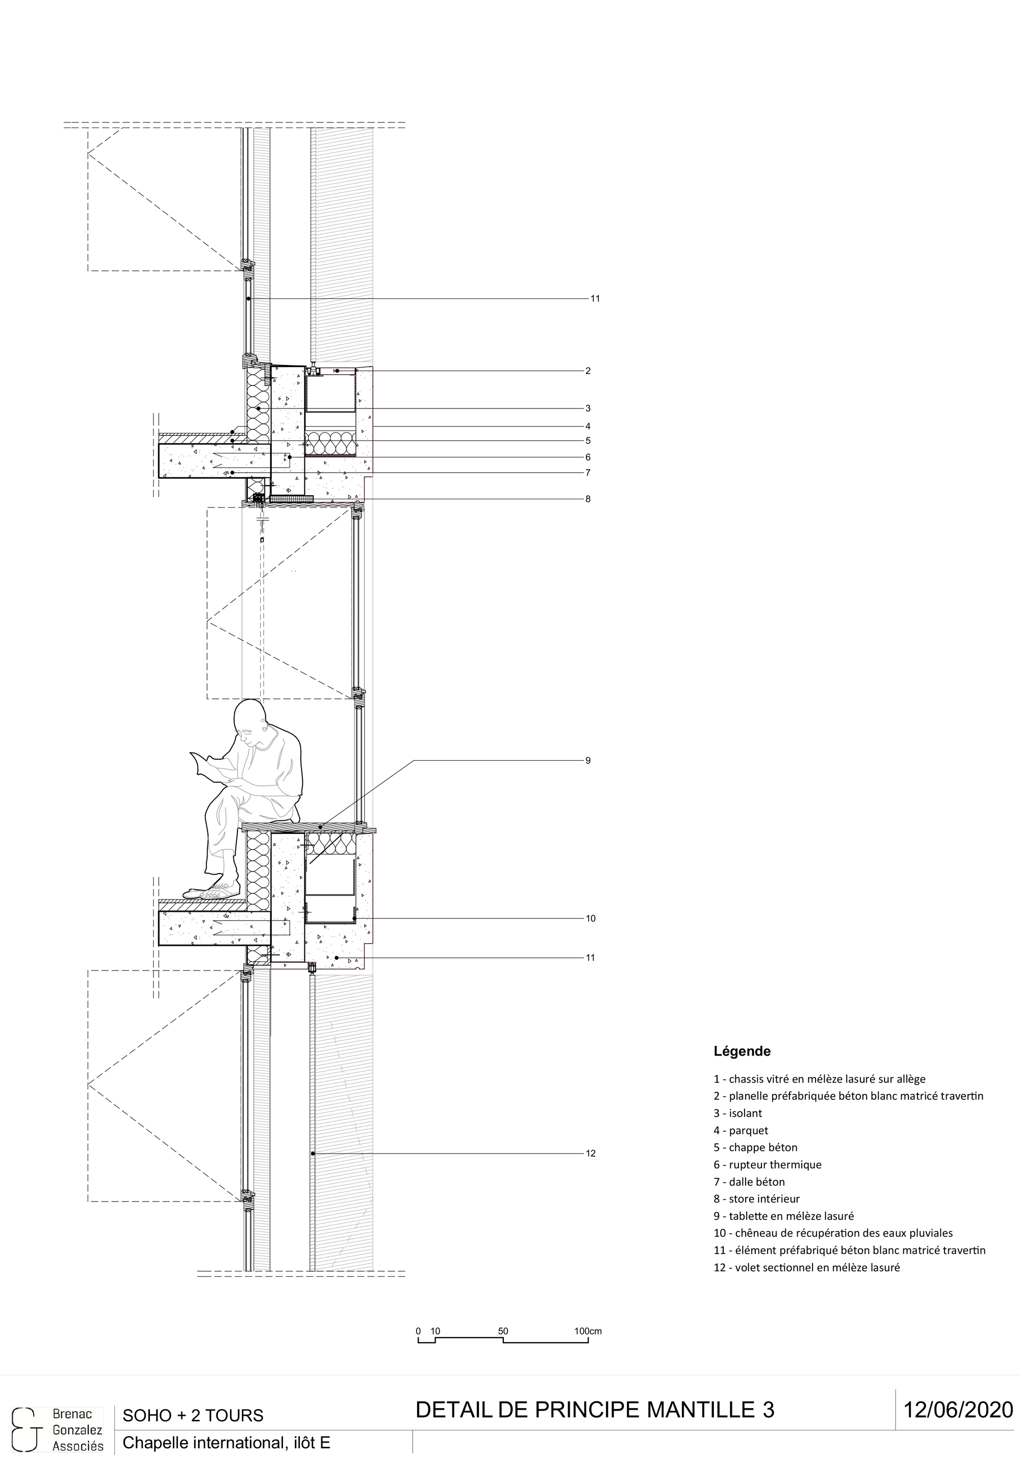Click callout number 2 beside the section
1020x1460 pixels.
tap(588, 371)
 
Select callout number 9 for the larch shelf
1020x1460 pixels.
tap(588, 760)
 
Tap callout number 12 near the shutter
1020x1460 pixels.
tap(590, 1154)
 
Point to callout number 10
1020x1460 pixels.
tap(590, 918)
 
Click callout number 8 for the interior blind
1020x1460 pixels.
tap(588, 499)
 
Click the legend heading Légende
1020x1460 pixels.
tap(742, 1051)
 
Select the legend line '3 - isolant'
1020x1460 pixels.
tap(737, 1113)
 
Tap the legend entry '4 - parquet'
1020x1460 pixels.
tap(740, 1130)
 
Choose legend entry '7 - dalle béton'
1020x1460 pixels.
tap(749, 1182)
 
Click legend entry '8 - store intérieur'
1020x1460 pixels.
tap(756, 1199)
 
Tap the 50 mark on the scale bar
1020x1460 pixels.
tap(503, 1331)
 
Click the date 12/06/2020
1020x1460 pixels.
tap(958, 1409)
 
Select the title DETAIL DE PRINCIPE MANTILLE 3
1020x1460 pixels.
tap(595, 1410)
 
